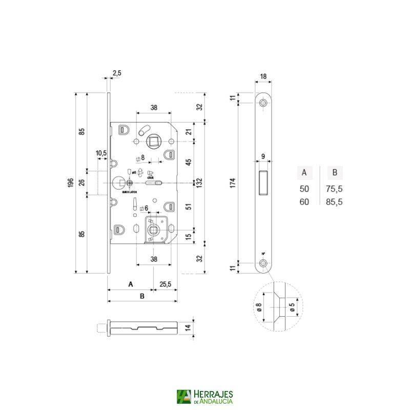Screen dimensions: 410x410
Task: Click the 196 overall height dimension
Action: coord(71,183)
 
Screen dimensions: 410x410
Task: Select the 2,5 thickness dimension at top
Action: coord(116,73)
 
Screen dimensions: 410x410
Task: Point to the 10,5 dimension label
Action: coord(100,153)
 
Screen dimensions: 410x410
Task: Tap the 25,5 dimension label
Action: coord(165,283)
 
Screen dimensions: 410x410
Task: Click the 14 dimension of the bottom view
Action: coord(188,327)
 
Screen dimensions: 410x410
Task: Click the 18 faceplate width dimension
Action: coord(263,77)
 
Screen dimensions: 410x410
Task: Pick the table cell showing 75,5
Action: coord(334,189)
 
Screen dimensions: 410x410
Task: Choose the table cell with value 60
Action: coord(304,202)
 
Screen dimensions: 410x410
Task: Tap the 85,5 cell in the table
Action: coord(334,202)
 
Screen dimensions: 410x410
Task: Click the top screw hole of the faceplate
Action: coord(263,103)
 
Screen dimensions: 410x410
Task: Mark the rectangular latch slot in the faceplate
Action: coord(263,182)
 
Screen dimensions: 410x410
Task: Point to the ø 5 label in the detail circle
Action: coord(292,307)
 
